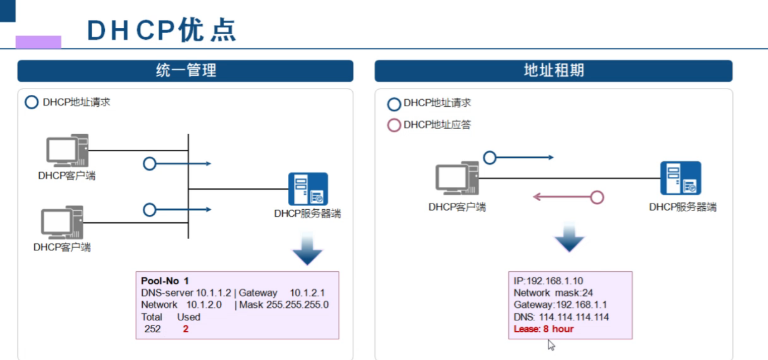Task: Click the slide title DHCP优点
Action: click(161, 30)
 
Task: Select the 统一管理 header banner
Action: click(185, 71)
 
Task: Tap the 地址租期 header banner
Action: click(553, 71)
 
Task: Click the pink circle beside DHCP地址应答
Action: click(394, 125)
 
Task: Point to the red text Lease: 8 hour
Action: click(543, 329)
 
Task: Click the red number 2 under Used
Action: click(185, 329)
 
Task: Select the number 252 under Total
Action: click(152, 329)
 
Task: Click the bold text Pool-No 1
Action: click(165, 281)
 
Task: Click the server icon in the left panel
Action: click(307, 189)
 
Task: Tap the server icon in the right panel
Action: click(680, 178)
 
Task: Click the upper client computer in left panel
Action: click(67, 151)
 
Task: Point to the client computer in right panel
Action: click(457, 179)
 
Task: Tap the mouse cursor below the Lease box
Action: click(551, 345)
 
